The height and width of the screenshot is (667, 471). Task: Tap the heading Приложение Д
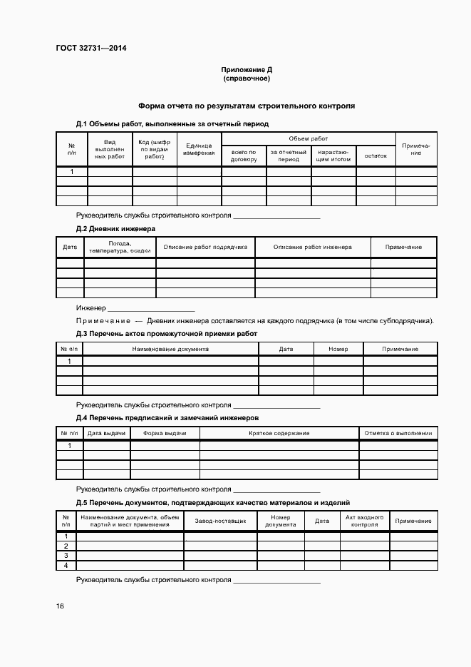tap(247, 69)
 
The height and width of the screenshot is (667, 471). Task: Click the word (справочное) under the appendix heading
tap(247, 78)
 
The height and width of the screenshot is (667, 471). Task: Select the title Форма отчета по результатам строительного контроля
tap(247, 106)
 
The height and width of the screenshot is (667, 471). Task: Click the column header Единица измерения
tap(199, 149)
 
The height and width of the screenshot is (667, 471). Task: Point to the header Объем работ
tap(308, 138)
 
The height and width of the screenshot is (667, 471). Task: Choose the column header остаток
tap(376, 156)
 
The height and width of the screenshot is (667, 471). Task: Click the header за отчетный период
tap(289, 156)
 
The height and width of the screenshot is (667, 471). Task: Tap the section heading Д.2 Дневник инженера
tap(115, 228)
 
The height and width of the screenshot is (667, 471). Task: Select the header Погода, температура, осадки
tap(120, 247)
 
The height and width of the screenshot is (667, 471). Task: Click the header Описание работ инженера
tap(312, 247)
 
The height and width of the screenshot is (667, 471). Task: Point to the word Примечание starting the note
tap(103, 320)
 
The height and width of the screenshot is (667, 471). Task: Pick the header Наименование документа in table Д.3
tap(170, 349)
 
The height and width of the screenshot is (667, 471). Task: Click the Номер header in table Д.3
tap(338, 349)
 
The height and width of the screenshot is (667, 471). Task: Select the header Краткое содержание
tap(279, 433)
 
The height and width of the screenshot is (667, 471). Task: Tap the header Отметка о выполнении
tap(398, 433)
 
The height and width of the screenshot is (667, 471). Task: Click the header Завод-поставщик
tap(220, 521)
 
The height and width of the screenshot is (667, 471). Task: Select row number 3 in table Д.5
tap(66, 555)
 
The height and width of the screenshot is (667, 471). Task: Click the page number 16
tap(60, 606)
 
